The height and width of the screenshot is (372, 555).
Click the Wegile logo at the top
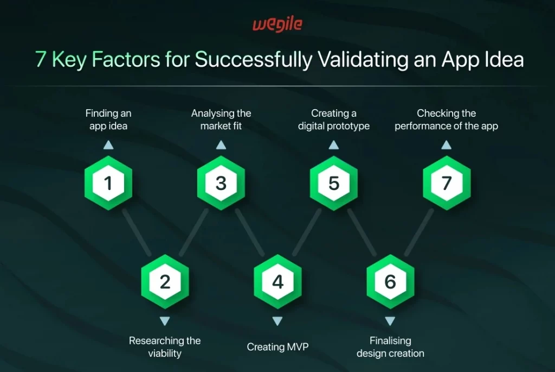[277, 24]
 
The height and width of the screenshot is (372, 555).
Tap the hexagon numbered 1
[108, 183]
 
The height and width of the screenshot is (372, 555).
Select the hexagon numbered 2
[165, 282]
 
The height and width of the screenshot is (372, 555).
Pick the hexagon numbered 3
[221, 183]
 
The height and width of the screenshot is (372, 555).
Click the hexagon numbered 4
[277, 282]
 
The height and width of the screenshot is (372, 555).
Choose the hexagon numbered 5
[334, 183]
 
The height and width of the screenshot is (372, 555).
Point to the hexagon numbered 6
[390, 282]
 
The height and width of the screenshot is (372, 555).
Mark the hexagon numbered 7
[447, 183]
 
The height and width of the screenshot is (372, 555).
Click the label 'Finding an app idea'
[108, 119]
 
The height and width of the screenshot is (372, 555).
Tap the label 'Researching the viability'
[165, 347]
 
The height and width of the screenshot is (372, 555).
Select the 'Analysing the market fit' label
[221, 119]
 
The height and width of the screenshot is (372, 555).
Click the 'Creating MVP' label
[277, 346]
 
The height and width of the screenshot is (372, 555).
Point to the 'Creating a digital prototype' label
[334, 119]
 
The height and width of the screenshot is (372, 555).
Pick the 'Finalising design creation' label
[390, 347]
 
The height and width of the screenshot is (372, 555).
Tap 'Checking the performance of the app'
[447, 119]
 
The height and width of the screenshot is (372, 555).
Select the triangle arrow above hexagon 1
[108, 145]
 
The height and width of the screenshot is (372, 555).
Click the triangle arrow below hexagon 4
[277, 321]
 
